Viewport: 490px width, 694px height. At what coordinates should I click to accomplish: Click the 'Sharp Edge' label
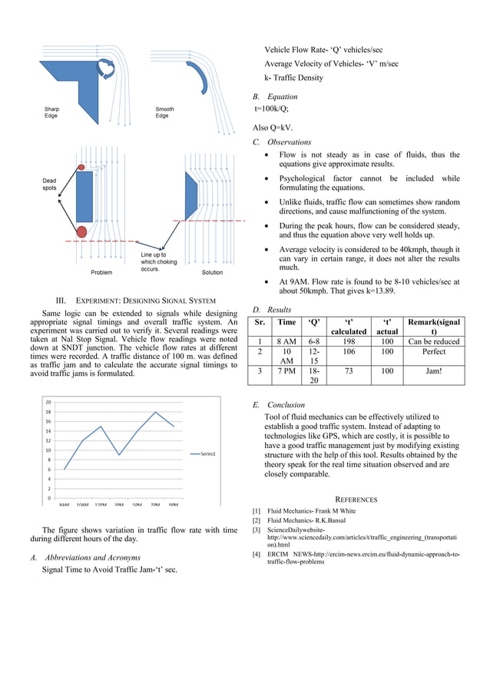coord(51,112)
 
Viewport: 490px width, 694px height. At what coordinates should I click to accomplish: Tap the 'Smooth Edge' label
coord(162,112)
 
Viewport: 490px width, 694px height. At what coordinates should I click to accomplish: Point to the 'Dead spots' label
coord(48,184)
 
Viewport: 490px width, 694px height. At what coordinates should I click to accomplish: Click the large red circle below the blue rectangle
coord(81,231)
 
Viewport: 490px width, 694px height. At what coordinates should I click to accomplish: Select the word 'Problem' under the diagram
coord(101,272)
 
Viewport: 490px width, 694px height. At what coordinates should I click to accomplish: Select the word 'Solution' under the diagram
coord(212,272)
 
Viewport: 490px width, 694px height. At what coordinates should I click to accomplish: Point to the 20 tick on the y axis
coord(48,402)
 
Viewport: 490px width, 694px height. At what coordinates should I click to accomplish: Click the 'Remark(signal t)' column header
coord(434,326)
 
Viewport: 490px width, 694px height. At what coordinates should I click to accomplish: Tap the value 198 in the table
coord(349,341)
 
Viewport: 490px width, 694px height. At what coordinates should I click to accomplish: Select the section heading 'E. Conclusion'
coord(279,404)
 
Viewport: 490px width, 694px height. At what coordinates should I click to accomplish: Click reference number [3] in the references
coord(257,530)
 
